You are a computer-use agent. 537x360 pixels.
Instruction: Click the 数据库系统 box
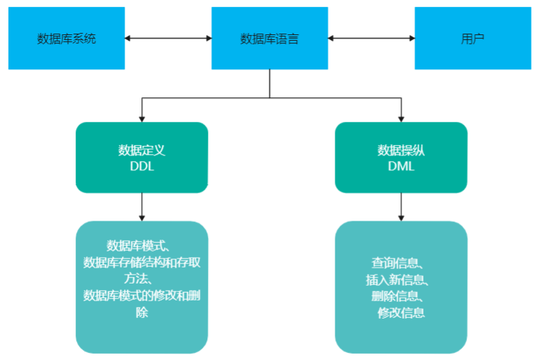click(67, 39)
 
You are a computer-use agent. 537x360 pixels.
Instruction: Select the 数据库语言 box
click(270, 39)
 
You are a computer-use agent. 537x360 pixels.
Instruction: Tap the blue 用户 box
click(473, 39)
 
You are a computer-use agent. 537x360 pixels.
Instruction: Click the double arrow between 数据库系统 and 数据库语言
click(168, 38)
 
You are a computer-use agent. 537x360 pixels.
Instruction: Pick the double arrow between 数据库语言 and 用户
click(371, 38)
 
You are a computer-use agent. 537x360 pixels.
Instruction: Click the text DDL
click(142, 167)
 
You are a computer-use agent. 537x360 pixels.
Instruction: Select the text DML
click(401, 167)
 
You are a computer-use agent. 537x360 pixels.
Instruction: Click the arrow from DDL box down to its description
click(142, 207)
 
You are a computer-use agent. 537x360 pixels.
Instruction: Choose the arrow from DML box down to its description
click(401, 207)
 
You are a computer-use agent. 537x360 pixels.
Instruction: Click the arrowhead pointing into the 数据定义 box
click(142, 119)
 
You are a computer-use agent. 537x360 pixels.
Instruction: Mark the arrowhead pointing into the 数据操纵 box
click(401, 119)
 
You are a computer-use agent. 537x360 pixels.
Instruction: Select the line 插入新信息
click(398, 280)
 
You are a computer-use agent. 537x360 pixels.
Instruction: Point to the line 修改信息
click(401, 313)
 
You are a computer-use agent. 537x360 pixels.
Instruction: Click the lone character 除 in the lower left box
click(142, 312)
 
